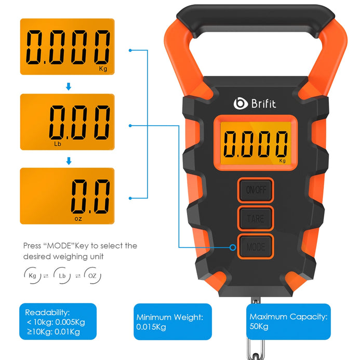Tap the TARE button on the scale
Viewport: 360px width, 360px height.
click(x=256, y=218)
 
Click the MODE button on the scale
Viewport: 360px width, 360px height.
click(x=256, y=247)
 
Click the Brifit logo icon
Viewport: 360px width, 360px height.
click(x=241, y=103)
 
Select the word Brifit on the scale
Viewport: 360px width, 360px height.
click(x=263, y=103)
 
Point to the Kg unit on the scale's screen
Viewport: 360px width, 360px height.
click(x=283, y=161)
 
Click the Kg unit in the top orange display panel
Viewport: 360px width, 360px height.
click(x=103, y=69)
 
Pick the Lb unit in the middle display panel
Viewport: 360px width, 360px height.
click(x=57, y=144)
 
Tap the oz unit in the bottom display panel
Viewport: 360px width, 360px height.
click(x=78, y=219)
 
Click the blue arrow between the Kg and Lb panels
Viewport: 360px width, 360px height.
click(x=69, y=87)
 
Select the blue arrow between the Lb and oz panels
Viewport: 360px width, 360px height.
click(x=69, y=161)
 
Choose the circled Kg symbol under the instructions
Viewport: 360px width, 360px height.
click(x=32, y=275)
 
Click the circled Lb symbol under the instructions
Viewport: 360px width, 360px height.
click(x=62, y=275)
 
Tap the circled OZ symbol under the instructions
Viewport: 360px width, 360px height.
click(x=92, y=275)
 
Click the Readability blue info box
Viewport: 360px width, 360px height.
click(x=58, y=322)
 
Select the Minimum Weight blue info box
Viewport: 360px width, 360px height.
click(x=172, y=322)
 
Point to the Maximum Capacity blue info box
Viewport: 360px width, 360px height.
click(x=288, y=322)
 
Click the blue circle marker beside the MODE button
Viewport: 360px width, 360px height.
click(x=233, y=247)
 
